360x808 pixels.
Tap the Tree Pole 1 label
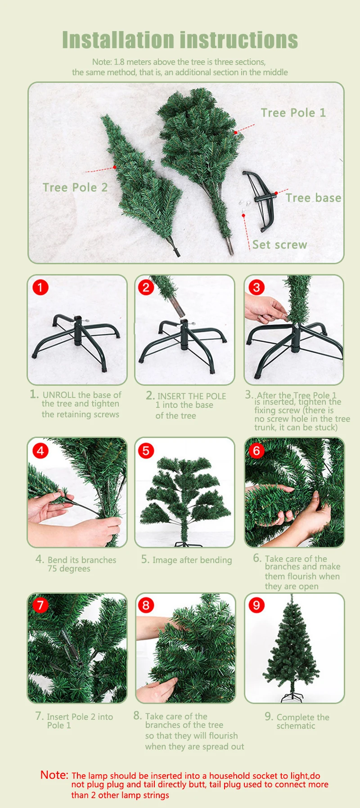293,113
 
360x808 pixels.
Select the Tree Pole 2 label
75,187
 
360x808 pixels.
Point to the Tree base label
313,198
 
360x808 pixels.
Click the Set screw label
279,244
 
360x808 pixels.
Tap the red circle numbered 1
40,287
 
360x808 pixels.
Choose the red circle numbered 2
146,287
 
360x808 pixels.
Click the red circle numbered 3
256,287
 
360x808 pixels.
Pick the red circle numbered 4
40,450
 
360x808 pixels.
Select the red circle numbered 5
146,450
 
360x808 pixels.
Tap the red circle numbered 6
256,450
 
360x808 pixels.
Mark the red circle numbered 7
40,605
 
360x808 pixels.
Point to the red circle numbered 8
146,605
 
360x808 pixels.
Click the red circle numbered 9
256,605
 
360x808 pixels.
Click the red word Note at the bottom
54,775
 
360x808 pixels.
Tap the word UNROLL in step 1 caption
59,395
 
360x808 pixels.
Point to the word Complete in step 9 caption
296,718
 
